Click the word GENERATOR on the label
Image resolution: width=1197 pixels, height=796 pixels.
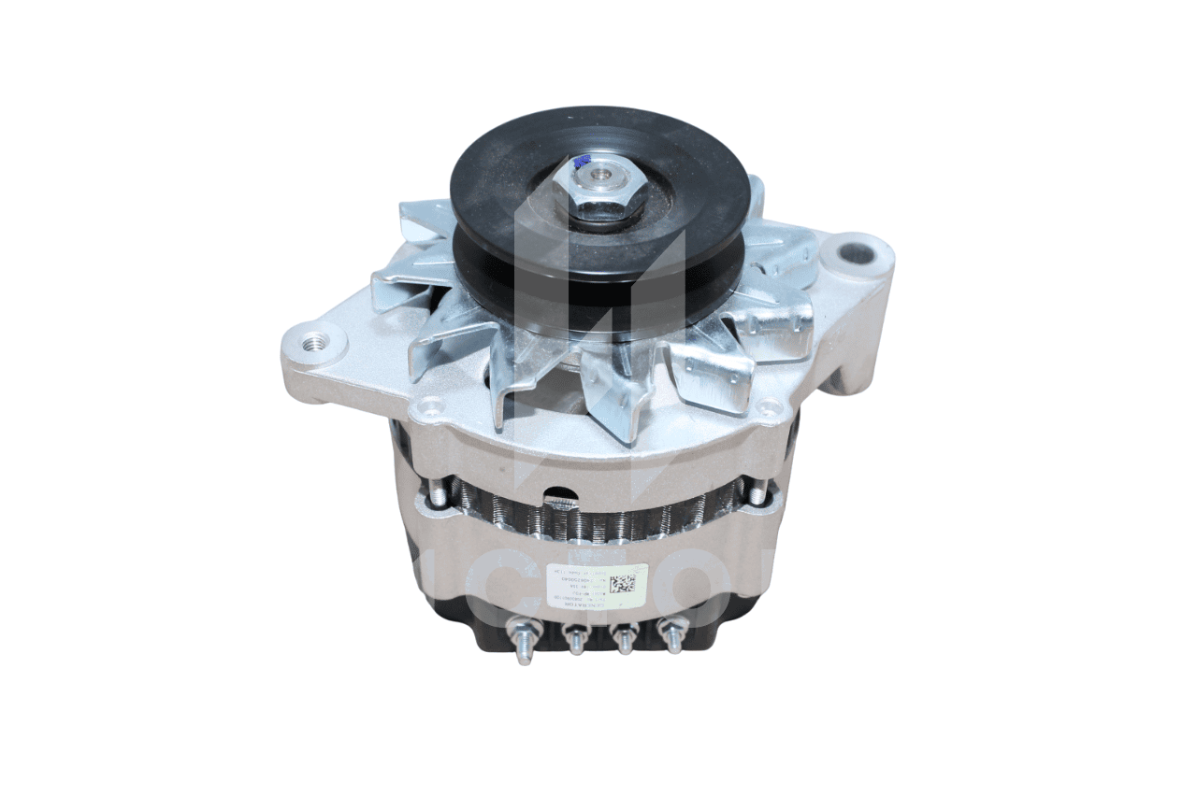[580, 605]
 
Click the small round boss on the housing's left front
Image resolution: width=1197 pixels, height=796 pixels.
[430, 406]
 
